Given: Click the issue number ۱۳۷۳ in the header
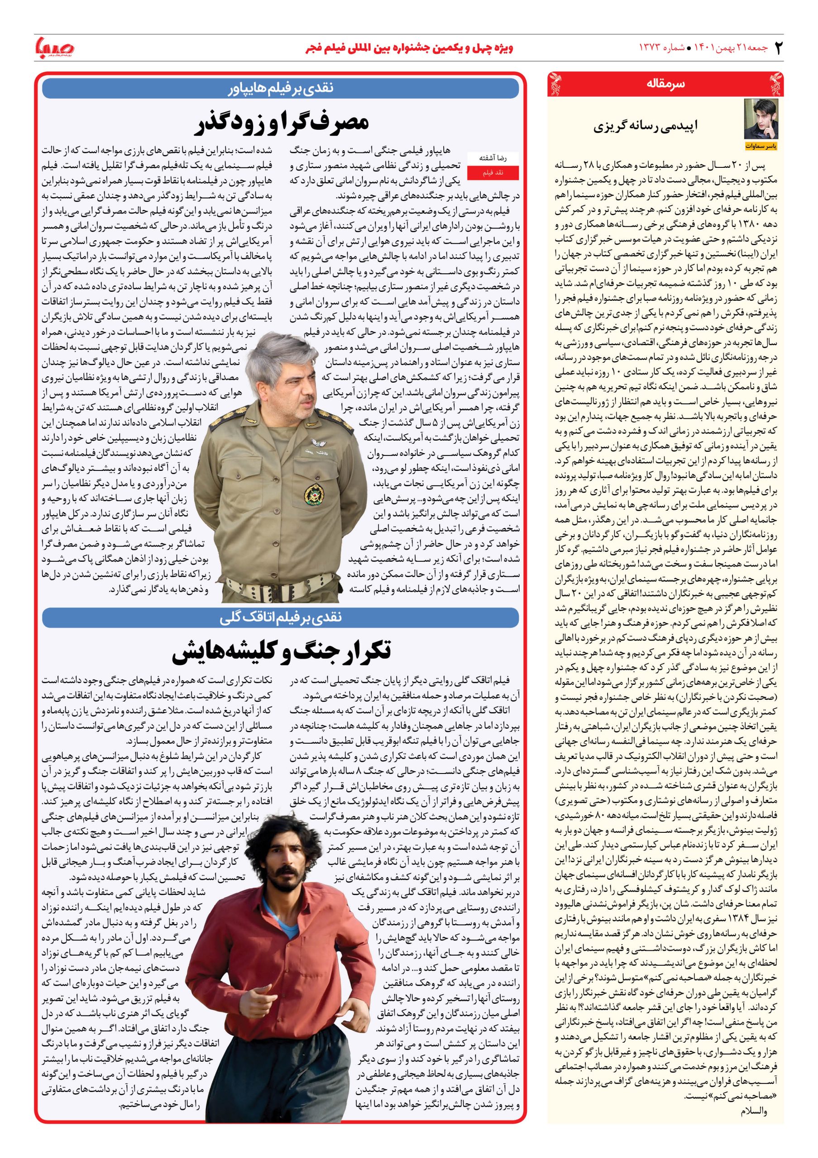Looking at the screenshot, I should [x=654, y=48].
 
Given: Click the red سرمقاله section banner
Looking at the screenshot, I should [x=665, y=84].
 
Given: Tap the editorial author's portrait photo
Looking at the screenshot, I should [x=761, y=119].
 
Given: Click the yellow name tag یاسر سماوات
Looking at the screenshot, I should [x=761, y=146].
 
